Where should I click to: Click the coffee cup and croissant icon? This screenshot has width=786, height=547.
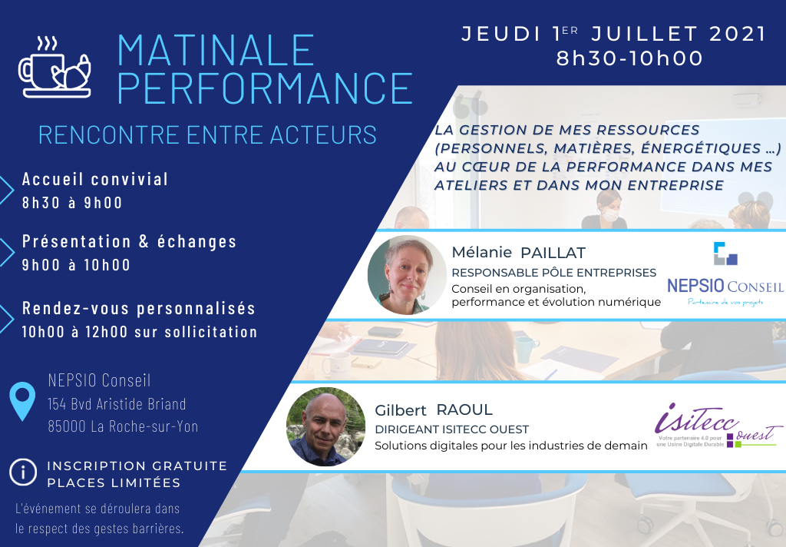(x=54, y=67)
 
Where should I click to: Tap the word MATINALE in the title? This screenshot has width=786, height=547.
(x=216, y=50)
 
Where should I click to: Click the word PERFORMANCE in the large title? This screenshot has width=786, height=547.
(x=265, y=88)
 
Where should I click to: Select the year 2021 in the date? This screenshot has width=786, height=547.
(x=738, y=34)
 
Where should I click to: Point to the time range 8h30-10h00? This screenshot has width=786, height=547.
(x=629, y=58)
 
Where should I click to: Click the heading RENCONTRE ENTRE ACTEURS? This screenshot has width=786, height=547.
(x=207, y=135)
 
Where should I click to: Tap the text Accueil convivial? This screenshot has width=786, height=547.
(x=95, y=179)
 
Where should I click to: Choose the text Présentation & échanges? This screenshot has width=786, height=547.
(x=129, y=241)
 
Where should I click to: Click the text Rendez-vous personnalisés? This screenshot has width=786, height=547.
(x=139, y=308)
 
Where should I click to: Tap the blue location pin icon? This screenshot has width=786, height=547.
(x=22, y=400)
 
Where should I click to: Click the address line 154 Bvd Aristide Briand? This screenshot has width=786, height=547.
(x=117, y=404)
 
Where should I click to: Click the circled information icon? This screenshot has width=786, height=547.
(x=23, y=472)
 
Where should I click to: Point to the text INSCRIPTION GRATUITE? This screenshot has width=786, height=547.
(x=137, y=466)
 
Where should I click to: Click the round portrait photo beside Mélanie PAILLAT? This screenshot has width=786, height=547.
(x=407, y=275)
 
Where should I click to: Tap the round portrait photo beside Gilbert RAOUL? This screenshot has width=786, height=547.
(x=325, y=426)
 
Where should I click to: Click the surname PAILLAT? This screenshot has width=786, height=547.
(x=553, y=253)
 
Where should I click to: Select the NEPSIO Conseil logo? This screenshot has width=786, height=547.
(x=725, y=273)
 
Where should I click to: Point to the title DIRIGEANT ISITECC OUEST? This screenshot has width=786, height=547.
(x=451, y=429)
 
